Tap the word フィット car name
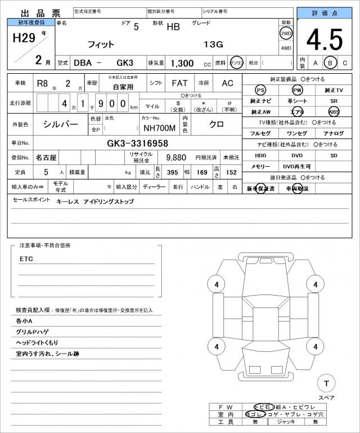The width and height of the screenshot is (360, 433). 101,44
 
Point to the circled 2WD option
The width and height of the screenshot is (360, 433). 286,33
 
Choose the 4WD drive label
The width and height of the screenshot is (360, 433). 286,47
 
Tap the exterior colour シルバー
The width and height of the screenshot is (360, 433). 61,123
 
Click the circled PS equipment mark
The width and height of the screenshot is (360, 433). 260,90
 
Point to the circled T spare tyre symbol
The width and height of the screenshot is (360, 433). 326,384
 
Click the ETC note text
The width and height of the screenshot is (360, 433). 26,259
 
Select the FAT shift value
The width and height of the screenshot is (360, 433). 179,83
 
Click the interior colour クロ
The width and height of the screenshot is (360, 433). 217,123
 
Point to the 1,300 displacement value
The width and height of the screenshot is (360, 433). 182,63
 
